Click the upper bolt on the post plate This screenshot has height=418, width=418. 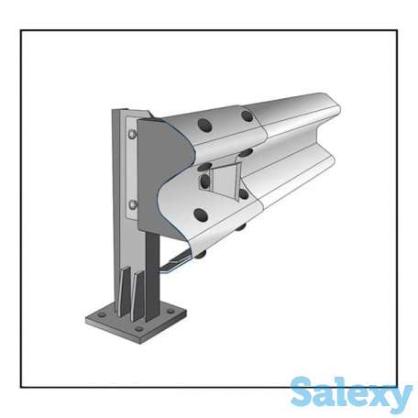(x=132, y=134)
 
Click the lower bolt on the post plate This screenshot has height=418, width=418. (x=133, y=204)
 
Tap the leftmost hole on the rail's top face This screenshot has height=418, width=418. (x=204, y=125)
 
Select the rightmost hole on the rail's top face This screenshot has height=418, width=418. (x=247, y=115)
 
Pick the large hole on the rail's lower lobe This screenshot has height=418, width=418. (x=201, y=214)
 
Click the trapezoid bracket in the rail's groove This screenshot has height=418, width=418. (x=225, y=181)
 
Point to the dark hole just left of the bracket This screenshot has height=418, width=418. (x=204, y=181)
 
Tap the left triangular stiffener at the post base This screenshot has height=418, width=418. (x=125, y=291)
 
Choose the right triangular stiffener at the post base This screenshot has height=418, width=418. (x=137, y=296)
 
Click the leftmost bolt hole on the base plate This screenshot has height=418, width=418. (x=102, y=314)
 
